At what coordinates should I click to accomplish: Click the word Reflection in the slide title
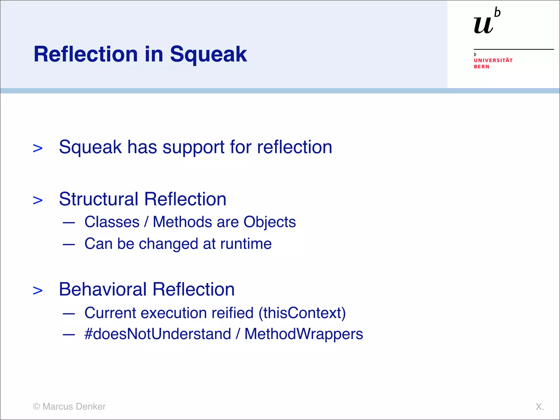pos(86,54)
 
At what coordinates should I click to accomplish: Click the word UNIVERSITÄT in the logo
pos(493,60)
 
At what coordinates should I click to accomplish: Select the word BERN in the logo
pos(482,67)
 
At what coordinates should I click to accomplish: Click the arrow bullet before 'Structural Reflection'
pos(38,200)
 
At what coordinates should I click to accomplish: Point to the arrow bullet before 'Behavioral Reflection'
pos(38,290)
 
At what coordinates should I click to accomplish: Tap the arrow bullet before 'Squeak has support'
pos(38,148)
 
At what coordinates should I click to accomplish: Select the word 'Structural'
pos(99,199)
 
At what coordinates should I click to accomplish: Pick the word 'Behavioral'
pos(103,289)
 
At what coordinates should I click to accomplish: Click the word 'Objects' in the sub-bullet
pos(269,222)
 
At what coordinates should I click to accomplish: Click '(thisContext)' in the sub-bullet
pos(302,313)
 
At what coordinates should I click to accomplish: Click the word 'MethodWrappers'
pos(304,334)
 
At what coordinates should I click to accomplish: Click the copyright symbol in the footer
pos(36,406)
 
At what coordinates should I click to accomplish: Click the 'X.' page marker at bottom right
pos(539,407)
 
